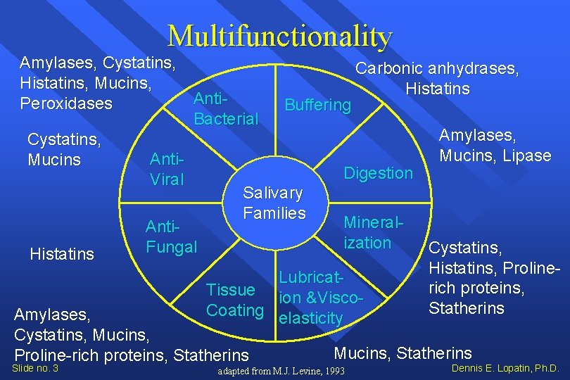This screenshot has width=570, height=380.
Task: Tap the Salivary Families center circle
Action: [274, 203]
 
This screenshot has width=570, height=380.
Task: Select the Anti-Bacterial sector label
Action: [226, 108]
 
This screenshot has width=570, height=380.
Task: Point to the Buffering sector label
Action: [317, 105]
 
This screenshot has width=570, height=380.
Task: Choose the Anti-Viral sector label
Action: [167, 170]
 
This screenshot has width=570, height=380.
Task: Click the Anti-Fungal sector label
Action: [171, 237]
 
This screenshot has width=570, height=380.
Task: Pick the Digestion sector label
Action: [378, 173]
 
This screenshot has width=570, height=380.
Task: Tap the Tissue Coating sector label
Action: [234, 300]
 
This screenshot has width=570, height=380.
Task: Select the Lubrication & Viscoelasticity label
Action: [320, 298]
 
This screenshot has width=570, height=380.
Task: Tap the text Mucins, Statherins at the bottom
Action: [403, 353]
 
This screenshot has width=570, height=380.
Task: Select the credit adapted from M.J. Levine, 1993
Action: [281, 371]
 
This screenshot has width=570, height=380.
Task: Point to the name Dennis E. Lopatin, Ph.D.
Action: [505, 368]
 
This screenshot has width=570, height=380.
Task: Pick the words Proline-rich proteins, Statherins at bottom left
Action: [132, 355]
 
